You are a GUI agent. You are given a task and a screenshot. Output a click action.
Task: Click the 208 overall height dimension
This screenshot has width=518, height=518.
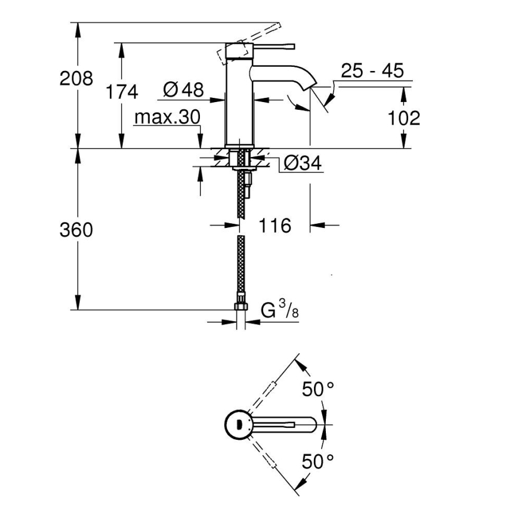76,78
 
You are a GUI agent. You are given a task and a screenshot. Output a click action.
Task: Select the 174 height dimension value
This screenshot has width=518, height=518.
122,92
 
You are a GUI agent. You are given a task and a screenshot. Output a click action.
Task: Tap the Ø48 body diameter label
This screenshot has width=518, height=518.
183,90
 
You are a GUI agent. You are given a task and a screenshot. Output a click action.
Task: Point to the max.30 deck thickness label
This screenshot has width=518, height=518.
166,117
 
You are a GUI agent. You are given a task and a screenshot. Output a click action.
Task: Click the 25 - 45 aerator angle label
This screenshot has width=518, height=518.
372,71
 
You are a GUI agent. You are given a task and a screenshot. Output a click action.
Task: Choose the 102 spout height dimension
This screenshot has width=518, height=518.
404,118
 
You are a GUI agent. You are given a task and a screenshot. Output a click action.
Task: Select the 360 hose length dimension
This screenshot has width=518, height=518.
76,229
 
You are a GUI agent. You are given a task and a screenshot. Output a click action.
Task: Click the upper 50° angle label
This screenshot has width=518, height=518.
318,390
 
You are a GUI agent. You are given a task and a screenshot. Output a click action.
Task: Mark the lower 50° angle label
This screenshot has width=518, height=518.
317,461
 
